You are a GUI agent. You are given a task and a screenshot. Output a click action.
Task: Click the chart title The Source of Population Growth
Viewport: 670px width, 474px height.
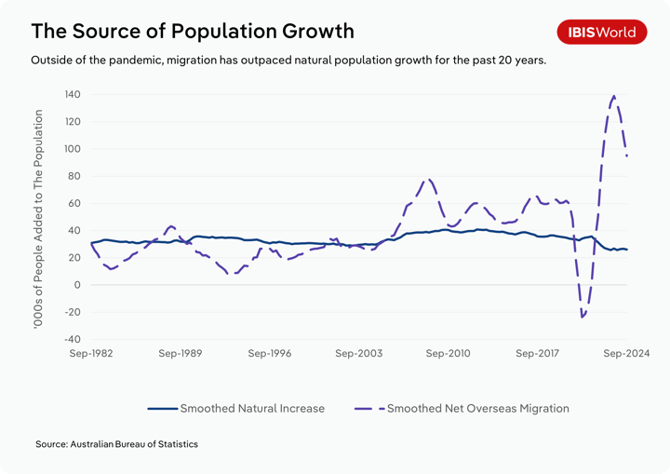click(193, 31)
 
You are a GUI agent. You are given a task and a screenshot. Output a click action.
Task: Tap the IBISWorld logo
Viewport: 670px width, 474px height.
click(602, 32)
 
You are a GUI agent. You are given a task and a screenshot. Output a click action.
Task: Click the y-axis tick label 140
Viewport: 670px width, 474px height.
click(72, 95)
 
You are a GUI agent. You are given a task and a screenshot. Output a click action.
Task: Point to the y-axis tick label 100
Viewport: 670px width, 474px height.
click(72, 149)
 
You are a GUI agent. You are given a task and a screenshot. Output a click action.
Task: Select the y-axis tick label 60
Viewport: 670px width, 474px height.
click(74, 203)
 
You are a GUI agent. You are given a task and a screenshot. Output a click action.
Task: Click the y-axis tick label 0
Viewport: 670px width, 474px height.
click(78, 285)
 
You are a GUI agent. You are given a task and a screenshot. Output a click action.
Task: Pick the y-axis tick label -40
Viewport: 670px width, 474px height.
click(73, 339)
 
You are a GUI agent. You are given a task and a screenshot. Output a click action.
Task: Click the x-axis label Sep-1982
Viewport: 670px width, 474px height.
click(90, 354)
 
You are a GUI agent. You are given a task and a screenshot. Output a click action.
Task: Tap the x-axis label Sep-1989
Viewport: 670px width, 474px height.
click(181, 354)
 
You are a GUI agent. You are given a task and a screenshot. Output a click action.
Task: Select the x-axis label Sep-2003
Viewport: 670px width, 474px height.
click(359, 354)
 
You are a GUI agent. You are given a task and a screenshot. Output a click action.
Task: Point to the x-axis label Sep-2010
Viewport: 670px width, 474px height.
click(449, 354)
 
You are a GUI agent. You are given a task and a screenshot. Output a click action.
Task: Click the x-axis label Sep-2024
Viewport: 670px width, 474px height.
click(626, 354)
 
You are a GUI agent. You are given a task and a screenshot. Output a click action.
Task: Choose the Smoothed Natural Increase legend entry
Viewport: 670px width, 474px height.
click(236, 408)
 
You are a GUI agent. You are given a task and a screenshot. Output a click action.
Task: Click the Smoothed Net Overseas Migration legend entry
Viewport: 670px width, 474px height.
click(462, 408)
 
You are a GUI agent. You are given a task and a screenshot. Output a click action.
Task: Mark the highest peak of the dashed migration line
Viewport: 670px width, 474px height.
click(614, 96)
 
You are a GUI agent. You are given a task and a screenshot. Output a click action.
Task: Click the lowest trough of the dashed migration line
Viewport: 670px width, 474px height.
click(583, 317)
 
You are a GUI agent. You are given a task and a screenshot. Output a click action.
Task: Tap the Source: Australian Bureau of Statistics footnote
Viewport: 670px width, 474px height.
click(116, 444)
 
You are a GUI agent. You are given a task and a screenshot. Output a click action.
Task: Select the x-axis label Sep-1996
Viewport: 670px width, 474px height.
click(270, 354)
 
